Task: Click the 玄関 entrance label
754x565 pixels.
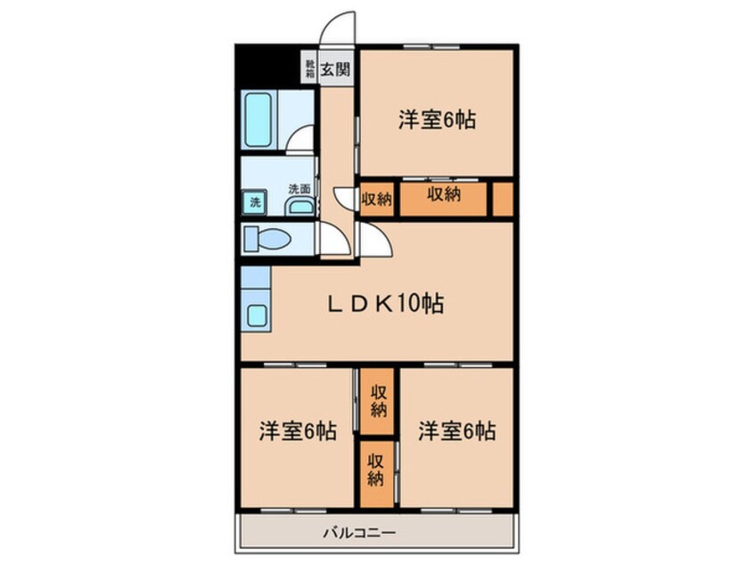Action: tap(335, 69)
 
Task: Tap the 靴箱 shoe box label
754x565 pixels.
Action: tap(309, 69)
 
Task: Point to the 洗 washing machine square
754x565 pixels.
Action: tap(255, 202)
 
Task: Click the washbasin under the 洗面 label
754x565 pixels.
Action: tap(300, 208)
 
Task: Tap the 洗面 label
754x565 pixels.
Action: tap(299, 189)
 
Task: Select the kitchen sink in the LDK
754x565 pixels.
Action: tap(258, 315)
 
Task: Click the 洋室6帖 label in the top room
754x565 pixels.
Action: tap(436, 119)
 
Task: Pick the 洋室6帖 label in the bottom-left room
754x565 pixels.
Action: tap(298, 432)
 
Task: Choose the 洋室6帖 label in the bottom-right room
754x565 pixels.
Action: tap(457, 432)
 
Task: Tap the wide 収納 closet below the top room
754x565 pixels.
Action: tap(443, 195)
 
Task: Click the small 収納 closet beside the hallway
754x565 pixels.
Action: tap(377, 200)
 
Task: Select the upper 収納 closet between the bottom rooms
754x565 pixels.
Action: tap(378, 400)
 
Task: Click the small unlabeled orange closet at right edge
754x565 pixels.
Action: tap(503, 200)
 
